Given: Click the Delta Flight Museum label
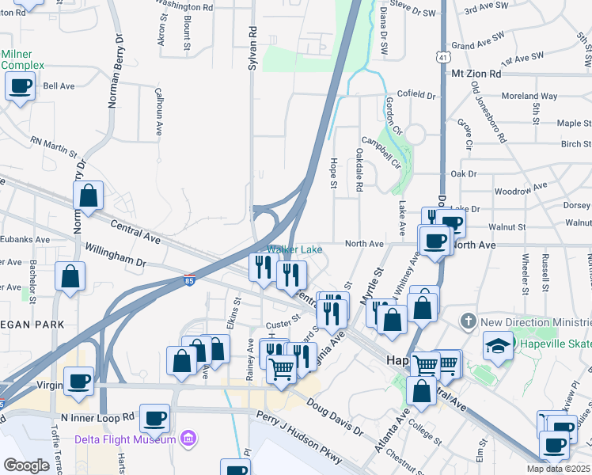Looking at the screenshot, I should (125, 439).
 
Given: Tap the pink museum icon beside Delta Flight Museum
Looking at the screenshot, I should (187, 438).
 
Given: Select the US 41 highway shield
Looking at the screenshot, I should (441, 56).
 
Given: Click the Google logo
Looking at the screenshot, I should (26, 465).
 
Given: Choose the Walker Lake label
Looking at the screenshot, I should (294, 249).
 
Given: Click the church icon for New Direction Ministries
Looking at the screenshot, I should (468, 322).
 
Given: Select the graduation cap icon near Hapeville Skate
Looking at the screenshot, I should (498, 345).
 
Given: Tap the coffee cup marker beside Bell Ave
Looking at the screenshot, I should (20, 85).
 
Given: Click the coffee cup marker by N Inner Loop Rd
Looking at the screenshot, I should (154, 416).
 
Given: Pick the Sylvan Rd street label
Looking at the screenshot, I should (252, 51).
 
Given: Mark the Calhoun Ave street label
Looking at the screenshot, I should (158, 112).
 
